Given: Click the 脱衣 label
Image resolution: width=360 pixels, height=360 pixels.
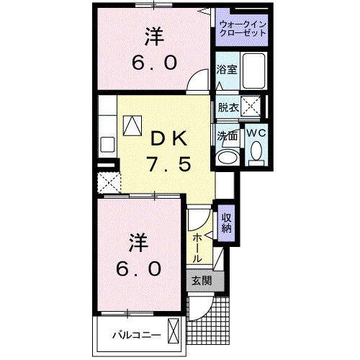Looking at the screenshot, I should click(x=228, y=107).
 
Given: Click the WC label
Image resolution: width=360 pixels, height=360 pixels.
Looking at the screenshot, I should click(x=256, y=133).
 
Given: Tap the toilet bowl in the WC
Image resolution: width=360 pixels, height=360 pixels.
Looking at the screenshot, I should click(x=256, y=151).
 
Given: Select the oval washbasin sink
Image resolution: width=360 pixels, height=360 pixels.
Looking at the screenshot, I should click(x=228, y=156).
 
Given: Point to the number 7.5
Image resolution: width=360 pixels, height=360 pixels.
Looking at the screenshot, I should click(x=169, y=165).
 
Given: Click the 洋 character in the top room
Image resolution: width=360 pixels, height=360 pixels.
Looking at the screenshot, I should click(x=153, y=34).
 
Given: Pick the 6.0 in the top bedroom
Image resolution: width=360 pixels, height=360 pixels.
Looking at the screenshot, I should click(x=153, y=63).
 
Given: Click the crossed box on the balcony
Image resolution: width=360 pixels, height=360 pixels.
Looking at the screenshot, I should click(x=174, y=333).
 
